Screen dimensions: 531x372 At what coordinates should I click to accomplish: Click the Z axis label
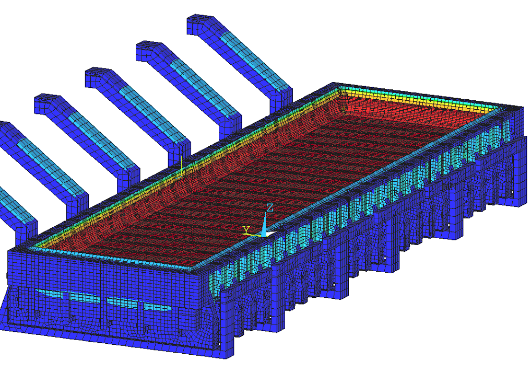269,208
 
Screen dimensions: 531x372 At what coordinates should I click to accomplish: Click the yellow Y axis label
246,230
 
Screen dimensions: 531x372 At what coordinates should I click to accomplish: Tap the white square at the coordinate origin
270,234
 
